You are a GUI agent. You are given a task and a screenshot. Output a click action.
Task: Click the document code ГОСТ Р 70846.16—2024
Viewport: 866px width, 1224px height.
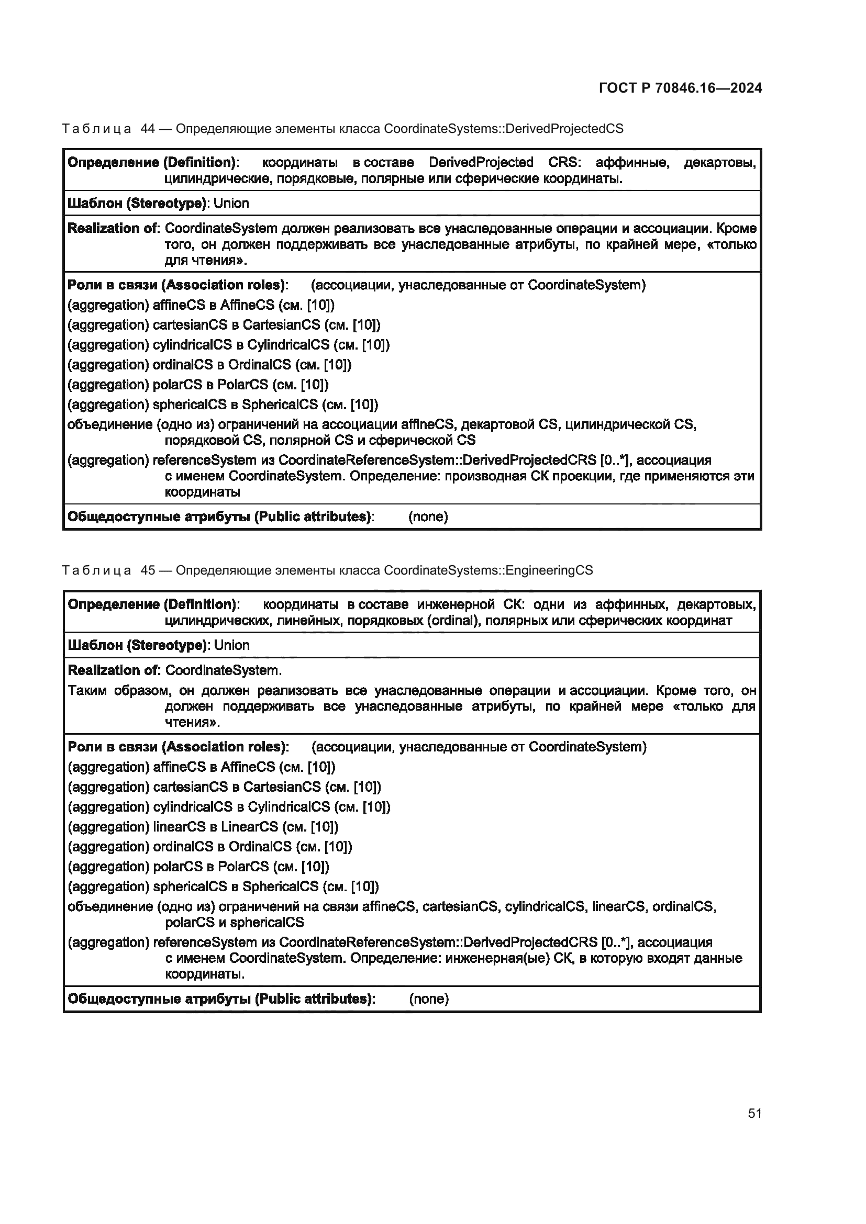pyautogui.click(x=680, y=88)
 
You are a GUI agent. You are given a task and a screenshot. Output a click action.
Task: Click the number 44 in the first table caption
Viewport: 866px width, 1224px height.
pyautogui.click(x=148, y=129)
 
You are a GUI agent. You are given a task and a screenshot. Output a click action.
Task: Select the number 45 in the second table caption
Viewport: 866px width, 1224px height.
pyautogui.click(x=148, y=570)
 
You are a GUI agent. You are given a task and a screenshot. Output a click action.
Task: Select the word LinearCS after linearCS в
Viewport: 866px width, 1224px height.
pyautogui.click(x=250, y=827)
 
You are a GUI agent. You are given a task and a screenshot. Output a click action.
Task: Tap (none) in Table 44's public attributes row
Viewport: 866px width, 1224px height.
pyautogui.click(x=428, y=516)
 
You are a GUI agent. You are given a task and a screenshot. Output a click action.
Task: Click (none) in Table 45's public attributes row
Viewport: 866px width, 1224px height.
pyautogui.click(x=429, y=999)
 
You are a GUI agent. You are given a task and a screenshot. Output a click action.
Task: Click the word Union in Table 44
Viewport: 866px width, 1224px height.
pyautogui.click(x=231, y=203)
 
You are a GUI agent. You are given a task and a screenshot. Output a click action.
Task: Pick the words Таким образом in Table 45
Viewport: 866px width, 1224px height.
pyautogui.click(x=118, y=691)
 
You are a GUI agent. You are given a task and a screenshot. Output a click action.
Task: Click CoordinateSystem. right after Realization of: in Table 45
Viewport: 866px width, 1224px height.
pyautogui.click(x=224, y=671)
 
